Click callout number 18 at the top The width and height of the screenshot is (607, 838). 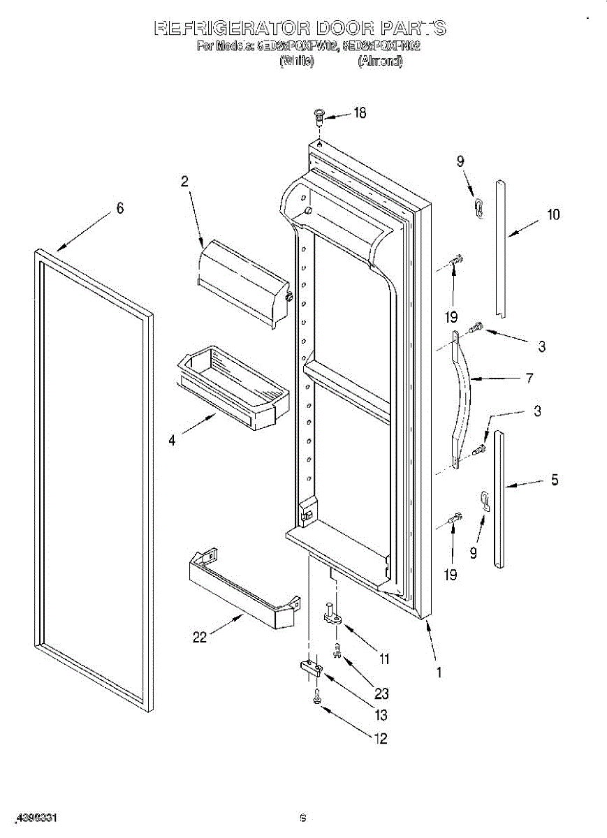tap(359, 113)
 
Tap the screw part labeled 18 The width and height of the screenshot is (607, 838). tap(319, 115)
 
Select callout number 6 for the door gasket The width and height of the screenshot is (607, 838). tap(120, 207)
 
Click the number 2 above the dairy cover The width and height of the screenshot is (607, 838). tap(184, 182)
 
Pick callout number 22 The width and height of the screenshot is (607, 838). tap(200, 636)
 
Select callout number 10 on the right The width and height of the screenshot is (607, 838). tap(553, 214)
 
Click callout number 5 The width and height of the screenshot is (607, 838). tap(554, 480)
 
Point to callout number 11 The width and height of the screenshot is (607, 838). tap(383, 658)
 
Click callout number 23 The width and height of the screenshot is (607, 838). tap(381, 693)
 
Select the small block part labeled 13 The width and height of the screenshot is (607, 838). tap(311, 670)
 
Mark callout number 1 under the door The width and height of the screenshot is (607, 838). tap(439, 672)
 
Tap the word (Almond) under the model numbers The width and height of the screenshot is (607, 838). tap(380, 61)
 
